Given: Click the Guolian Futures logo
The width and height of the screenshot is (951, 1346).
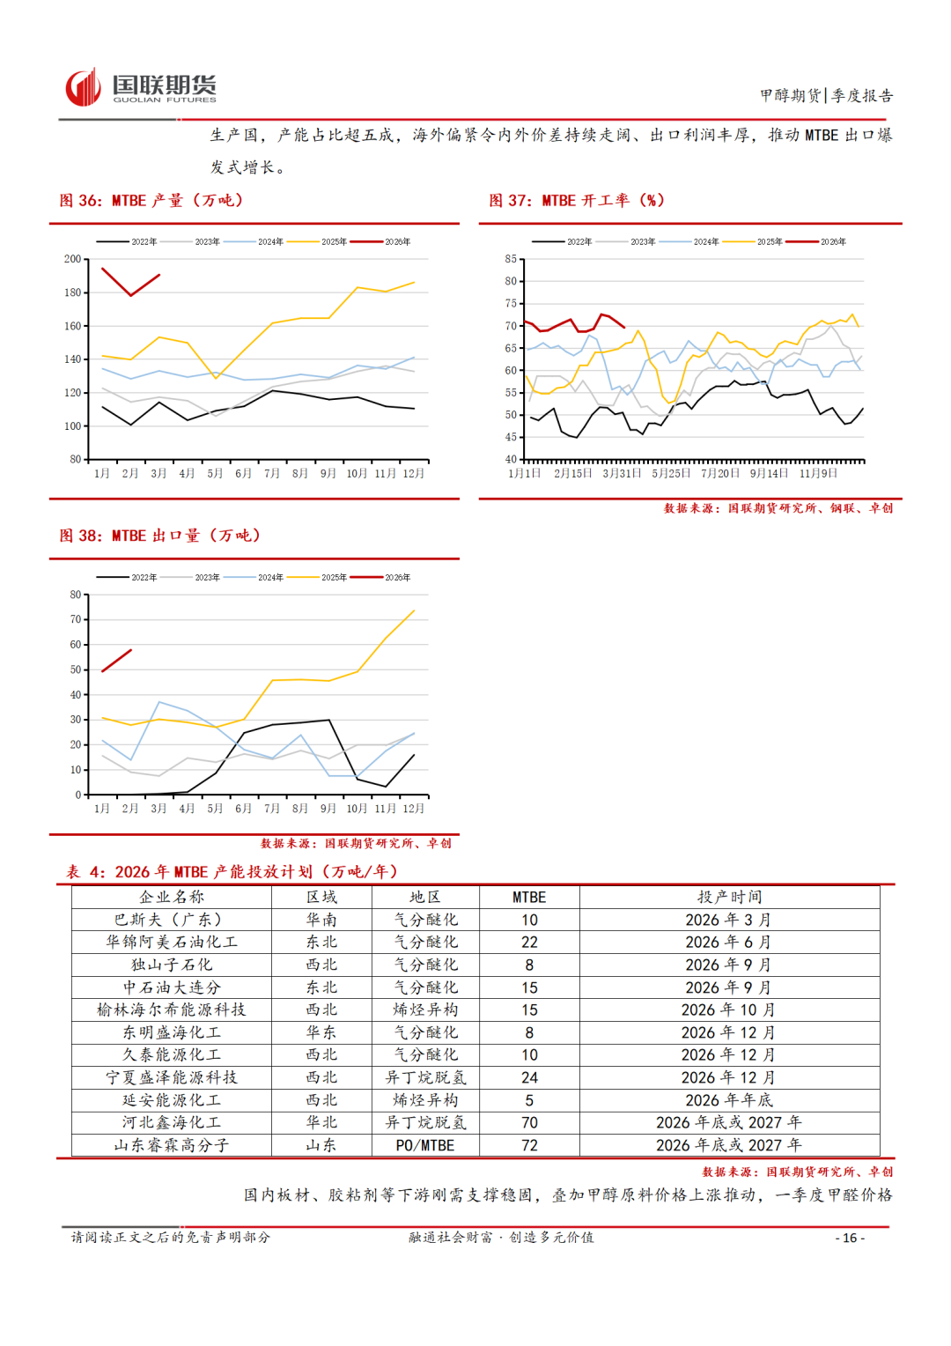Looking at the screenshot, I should [141, 88].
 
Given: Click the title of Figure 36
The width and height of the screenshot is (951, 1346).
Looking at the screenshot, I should [151, 201].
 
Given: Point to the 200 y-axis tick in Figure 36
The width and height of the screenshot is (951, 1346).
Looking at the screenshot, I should [72, 259].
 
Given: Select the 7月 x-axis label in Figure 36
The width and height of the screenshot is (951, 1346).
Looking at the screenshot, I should [272, 474].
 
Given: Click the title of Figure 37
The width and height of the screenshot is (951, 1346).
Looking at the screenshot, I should [577, 201].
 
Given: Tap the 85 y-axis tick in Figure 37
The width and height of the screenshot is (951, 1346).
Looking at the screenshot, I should [511, 259].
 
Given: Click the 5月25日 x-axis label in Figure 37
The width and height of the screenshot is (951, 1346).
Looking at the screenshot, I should [671, 474].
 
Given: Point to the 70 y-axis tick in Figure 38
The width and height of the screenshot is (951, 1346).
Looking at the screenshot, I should [76, 619].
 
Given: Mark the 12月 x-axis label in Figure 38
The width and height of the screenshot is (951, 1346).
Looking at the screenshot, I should [413, 809].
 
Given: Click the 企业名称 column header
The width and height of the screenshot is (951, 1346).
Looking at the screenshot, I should [172, 897].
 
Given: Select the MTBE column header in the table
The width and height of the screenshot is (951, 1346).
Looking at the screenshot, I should [529, 897].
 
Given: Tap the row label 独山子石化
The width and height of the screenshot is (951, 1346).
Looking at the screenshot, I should [172, 965].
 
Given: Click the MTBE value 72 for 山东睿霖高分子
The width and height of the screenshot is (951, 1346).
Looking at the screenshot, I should [529, 1145].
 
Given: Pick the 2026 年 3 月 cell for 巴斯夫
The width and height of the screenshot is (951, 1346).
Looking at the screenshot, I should [728, 920].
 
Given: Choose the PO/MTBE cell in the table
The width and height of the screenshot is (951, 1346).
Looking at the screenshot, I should [425, 1145].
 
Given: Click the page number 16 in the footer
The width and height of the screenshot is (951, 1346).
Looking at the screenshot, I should [850, 1238].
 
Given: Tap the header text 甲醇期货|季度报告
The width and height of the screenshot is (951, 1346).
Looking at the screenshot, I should [826, 95].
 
